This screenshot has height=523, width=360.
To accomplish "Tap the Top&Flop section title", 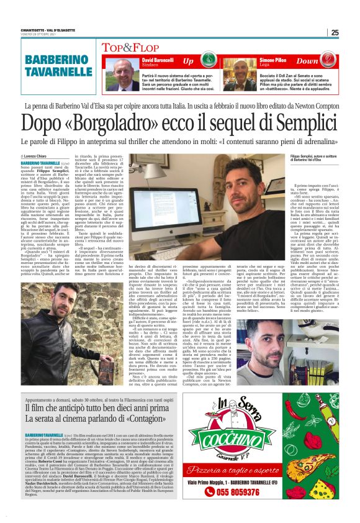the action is (132, 46).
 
